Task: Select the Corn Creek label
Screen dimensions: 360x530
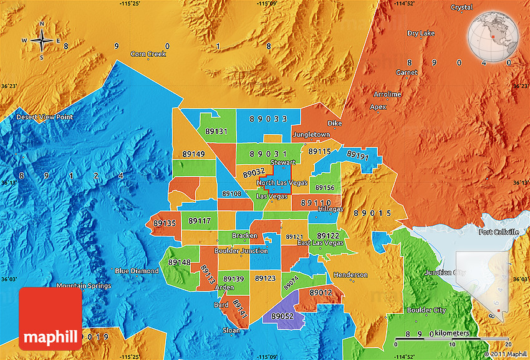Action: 148,54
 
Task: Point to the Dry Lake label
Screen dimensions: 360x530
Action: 421,33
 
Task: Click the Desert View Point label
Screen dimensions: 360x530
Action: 44,117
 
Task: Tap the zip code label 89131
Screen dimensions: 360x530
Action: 216,132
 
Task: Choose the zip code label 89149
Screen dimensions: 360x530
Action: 193,153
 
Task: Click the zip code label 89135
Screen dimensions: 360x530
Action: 165,222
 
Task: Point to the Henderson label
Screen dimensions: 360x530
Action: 350,275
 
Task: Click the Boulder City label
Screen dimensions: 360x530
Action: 426,310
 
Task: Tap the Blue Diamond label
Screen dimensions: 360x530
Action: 136,271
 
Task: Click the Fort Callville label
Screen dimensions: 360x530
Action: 498,232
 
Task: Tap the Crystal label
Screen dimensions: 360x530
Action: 462,7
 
